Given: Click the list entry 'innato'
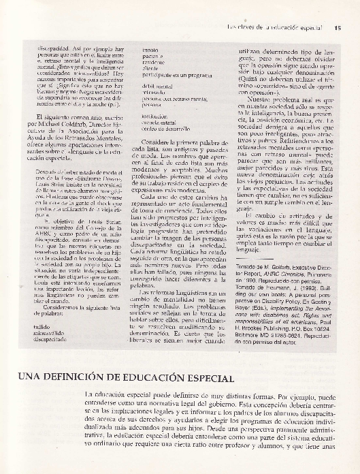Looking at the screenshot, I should (x=150, y=50).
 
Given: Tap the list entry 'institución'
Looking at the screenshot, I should (x=154, y=116).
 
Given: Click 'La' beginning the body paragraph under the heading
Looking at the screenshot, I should (x=91, y=395).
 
